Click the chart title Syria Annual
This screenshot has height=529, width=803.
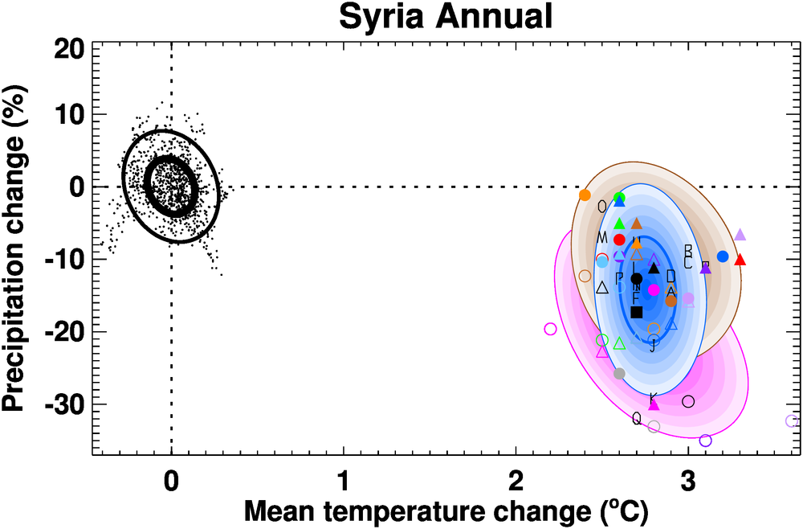446,17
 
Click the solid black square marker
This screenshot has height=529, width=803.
637,312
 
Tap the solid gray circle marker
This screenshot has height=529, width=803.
619,374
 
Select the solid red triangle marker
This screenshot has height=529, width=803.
740,260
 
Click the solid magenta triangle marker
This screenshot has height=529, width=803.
654,404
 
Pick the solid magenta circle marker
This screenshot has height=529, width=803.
654,289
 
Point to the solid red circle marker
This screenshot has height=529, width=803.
619,240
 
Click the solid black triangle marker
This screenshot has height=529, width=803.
654,269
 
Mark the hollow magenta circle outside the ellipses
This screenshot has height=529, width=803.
550,329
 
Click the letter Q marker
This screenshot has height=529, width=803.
637,418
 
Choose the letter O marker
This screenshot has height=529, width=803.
602,206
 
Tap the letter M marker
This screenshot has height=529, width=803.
602,237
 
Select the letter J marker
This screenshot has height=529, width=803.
654,347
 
